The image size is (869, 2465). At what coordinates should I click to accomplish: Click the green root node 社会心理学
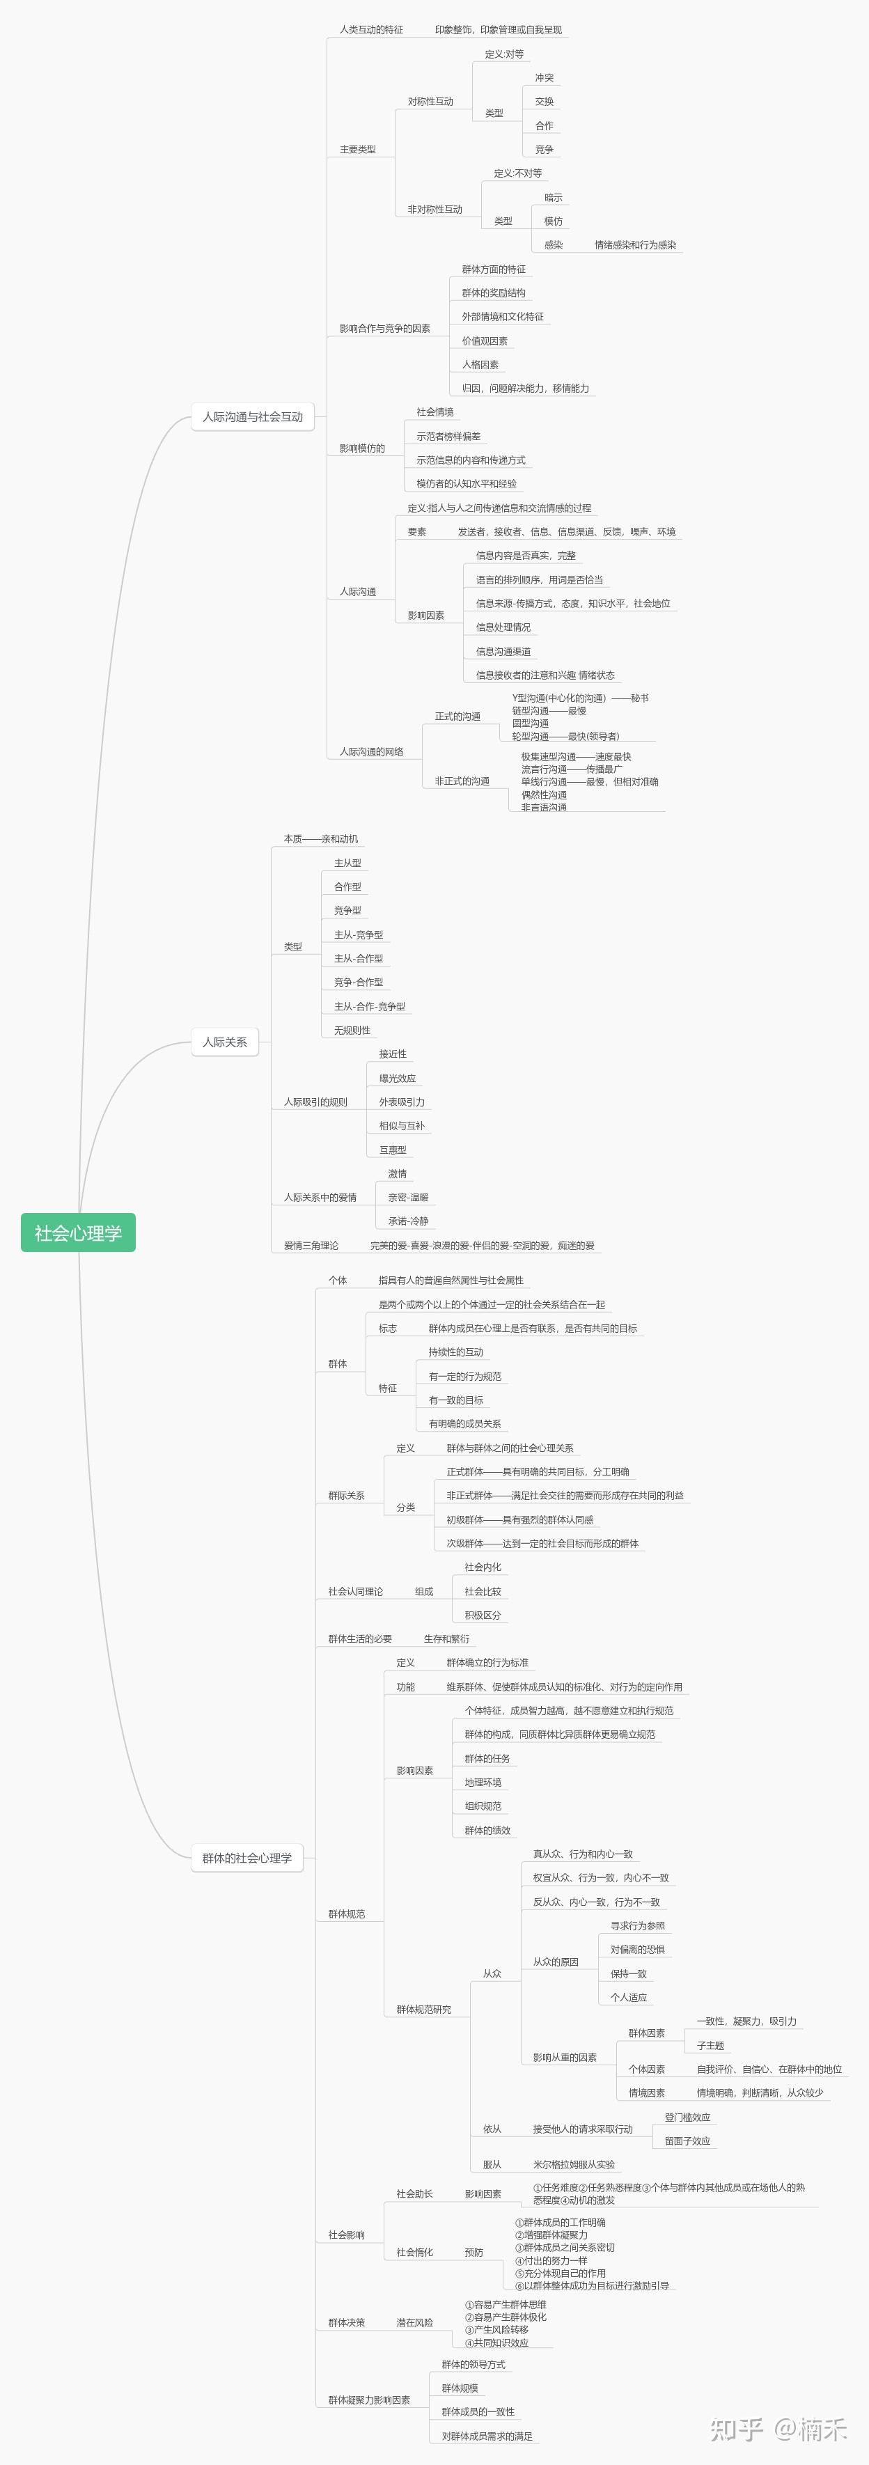pos(79,1232)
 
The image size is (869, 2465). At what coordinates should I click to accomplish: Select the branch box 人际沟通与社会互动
pos(253,416)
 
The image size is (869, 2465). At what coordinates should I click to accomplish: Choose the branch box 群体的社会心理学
pos(247,1857)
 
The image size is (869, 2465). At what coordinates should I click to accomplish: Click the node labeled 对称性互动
pos(431,102)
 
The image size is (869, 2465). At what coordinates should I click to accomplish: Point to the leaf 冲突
pos(544,77)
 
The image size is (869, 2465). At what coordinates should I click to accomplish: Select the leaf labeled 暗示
pos(553,197)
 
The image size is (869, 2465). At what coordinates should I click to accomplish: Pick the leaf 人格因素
pos(480,365)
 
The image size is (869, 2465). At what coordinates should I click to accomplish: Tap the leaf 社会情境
pos(434,412)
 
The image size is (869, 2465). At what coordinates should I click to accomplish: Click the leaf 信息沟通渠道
pos(503,652)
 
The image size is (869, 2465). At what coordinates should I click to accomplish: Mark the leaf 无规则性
pos(352,1030)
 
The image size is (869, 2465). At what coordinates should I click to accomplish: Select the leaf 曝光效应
pos(397,1079)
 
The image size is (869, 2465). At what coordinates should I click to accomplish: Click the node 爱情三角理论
pos(311,1245)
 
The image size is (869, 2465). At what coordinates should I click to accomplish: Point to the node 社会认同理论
pos(355,1591)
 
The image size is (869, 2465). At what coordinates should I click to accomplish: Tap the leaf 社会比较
pos(483,1591)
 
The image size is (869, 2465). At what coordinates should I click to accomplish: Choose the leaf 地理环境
pos(483,1782)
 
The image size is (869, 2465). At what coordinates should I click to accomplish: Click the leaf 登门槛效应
pos(687,2117)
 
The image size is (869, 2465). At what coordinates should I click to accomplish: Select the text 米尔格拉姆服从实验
pos(574,2163)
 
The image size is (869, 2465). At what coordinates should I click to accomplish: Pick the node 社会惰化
pos(414,2252)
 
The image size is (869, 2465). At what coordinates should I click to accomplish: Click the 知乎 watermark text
pos(737,2429)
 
